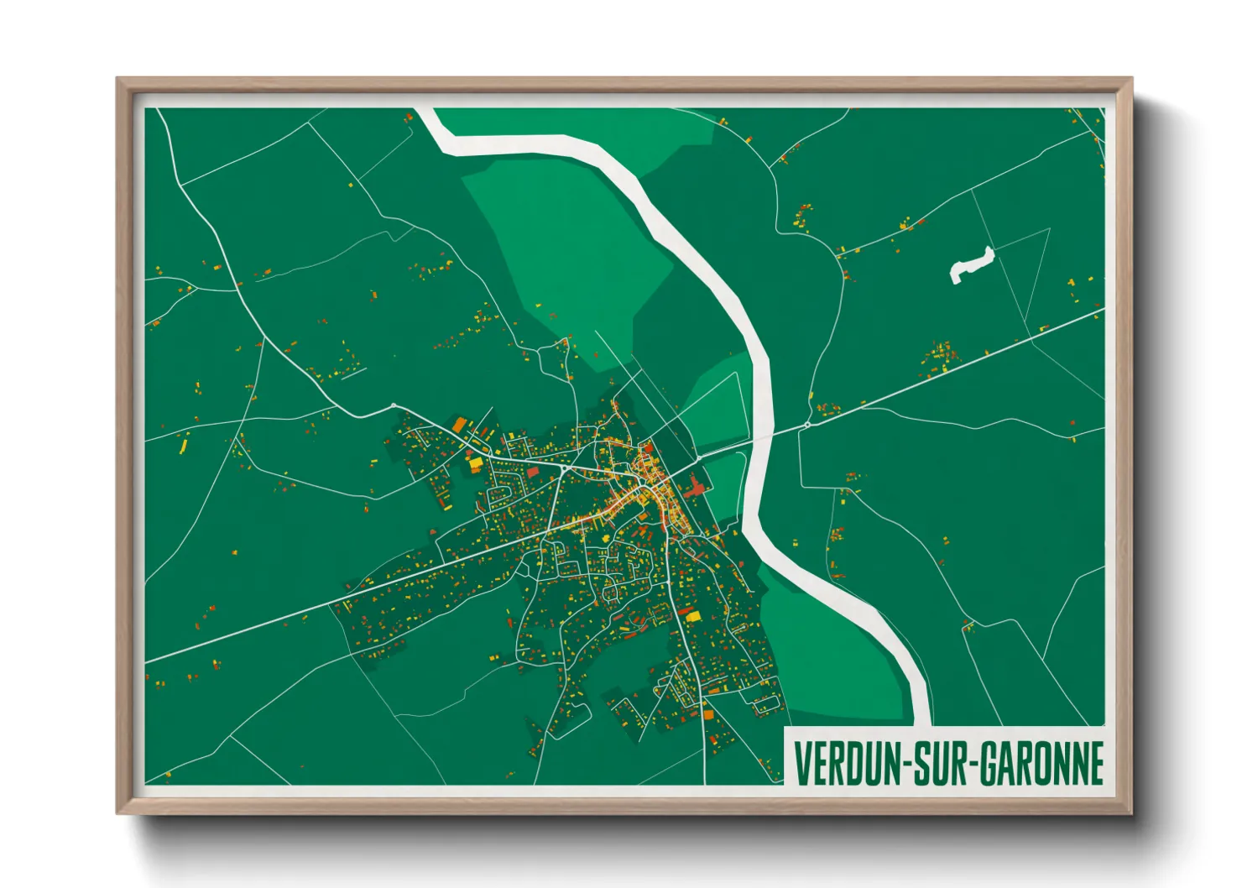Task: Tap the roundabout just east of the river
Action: click(x=807, y=425)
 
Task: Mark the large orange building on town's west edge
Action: click(x=459, y=425)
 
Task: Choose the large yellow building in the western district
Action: click(x=475, y=462)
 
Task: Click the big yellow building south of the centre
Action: click(x=693, y=617)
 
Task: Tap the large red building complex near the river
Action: click(x=696, y=486)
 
